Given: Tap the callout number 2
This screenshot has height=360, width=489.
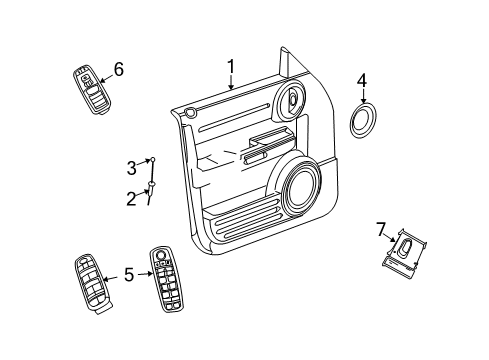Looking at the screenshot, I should click(x=132, y=198).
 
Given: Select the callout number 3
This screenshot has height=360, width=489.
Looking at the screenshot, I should click(x=131, y=168).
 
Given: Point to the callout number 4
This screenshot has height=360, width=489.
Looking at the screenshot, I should click(x=363, y=79).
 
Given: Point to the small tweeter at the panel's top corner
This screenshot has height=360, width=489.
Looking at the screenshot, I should click(x=292, y=100).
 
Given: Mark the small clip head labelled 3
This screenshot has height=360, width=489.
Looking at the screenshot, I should click(x=152, y=161).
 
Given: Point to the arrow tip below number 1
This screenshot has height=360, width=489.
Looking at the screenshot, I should click(x=230, y=90).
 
